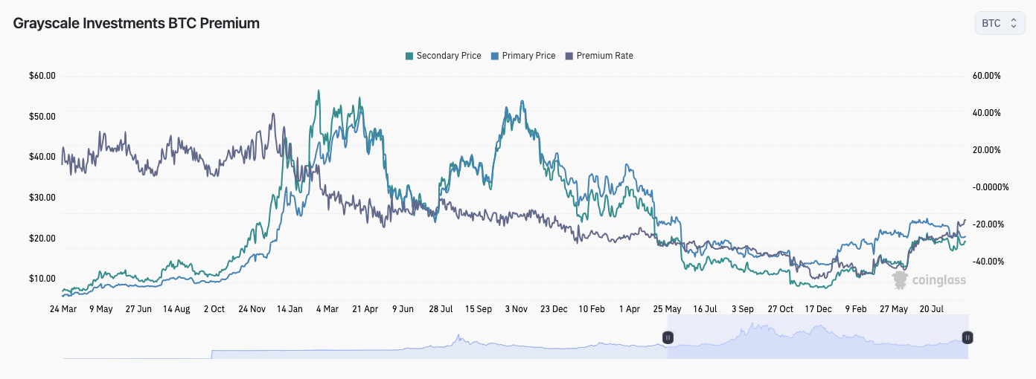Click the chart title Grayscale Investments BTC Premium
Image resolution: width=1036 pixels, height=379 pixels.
(136, 23)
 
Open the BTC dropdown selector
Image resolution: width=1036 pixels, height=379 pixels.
(1000, 23)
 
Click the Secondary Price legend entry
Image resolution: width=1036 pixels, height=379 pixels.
(443, 56)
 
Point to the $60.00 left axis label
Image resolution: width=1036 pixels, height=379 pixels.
(42, 76)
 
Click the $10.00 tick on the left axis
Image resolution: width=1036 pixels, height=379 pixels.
(42, 279)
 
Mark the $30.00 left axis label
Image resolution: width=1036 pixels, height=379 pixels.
(42, 198)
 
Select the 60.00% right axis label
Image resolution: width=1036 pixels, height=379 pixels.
(986, 76)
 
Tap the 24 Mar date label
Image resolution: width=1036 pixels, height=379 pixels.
(63, 308)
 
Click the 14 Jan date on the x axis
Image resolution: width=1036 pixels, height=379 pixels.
(290, 308)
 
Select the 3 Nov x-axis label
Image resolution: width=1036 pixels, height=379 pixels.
(516, 308)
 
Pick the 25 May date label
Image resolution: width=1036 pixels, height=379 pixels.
(667, 308)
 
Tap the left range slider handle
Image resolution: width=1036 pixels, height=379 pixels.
(668, 337)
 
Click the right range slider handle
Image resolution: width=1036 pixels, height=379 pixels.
(968, 337)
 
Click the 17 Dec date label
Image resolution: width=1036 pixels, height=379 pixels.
(818, 308)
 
